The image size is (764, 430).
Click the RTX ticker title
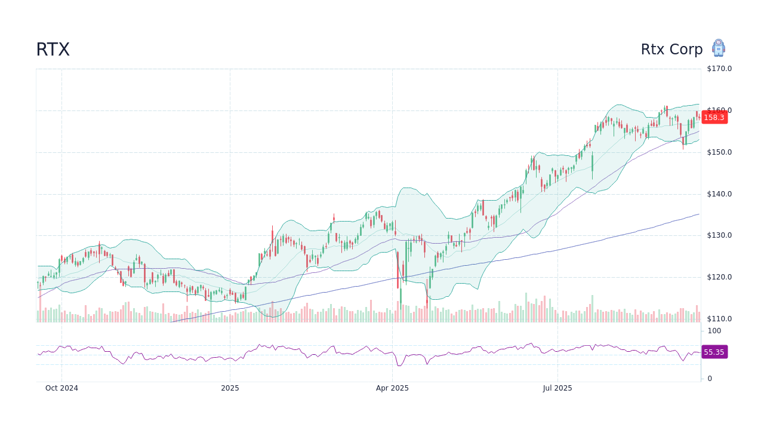pos(53,50)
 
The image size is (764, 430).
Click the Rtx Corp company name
pos(671,50)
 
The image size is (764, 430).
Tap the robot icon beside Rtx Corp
pos(718,48)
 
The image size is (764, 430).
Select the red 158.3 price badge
pos(714,118)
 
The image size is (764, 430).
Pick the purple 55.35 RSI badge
pos(714,352)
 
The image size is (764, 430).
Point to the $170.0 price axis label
pos(719,69)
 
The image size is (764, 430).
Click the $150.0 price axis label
pos(719,152)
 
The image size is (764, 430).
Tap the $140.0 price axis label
pos(719,194)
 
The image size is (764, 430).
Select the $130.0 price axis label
pos(719,235)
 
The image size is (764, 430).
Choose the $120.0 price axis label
pos(719,277)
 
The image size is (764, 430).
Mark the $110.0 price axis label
pos(719,319)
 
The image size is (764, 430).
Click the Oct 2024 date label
pos(61,388)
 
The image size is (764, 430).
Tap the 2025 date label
pos(230,388)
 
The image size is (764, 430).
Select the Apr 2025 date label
pos(392,388)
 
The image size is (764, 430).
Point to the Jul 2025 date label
pos(557,388)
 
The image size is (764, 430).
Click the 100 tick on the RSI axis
pos(714,331)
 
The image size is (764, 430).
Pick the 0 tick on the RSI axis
pos(710,379)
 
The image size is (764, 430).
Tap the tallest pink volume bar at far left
pos(40,308)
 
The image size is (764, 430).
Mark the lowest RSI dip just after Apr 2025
pos(398,365)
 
